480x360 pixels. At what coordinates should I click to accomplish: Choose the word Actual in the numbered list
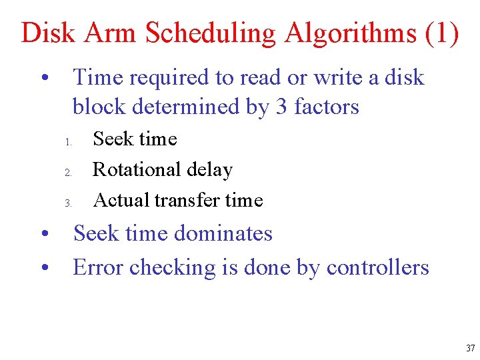pos(121,200)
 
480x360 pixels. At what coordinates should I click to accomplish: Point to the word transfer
pos(189,200)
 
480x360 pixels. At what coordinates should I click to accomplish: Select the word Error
pos(98,267)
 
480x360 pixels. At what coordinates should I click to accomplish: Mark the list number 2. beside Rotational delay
pos(68,173)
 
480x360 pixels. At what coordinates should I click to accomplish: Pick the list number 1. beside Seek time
pos(68,142)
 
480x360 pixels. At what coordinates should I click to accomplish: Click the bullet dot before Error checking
pos(43,269)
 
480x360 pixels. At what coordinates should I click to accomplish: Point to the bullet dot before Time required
pos(43,79)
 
